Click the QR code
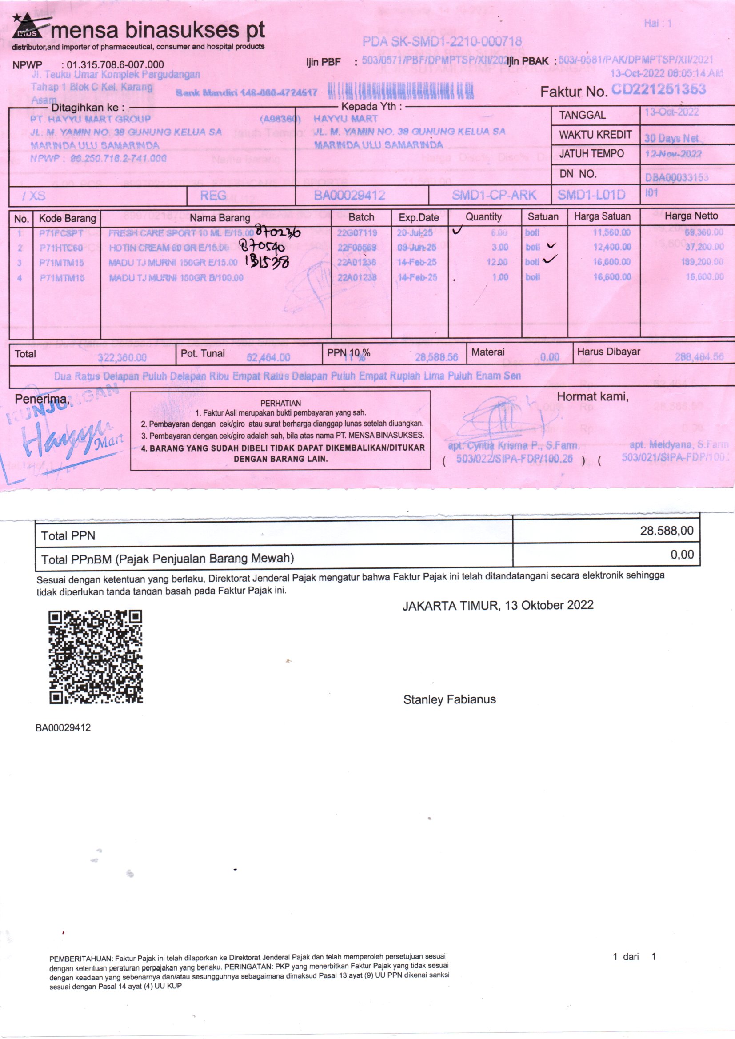point(96,657)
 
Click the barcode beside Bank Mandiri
point(400,92)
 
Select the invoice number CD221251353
point(658,89)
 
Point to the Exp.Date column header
point(419,217)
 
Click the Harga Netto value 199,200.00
point(702,262)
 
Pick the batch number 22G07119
point(357,232)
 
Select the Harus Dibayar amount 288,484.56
point(699,356)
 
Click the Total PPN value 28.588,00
point(666,531)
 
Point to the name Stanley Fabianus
point(449,699)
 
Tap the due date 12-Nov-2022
point(673,154)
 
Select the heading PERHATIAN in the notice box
point(280,403)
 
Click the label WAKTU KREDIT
point(595,135)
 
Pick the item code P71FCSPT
point(61,233)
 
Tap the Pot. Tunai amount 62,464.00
point(268,357)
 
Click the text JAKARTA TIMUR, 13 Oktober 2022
point(498,605)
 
